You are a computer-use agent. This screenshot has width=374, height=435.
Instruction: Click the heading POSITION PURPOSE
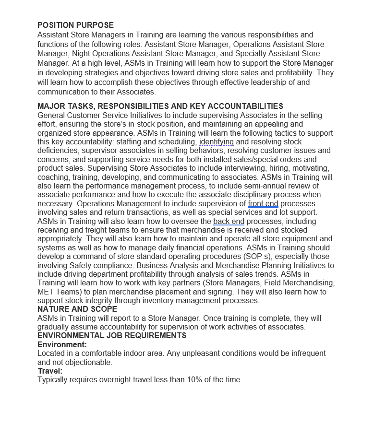coord(75,25)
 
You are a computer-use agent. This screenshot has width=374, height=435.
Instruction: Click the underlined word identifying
coord(217,142)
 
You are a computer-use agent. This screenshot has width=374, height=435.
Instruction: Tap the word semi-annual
coord(251,186)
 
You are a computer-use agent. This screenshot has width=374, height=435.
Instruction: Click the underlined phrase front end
coord(263,204)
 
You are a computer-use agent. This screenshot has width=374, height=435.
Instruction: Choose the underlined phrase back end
coord(229,221)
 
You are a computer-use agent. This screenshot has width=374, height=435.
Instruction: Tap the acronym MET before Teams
coord(46,292)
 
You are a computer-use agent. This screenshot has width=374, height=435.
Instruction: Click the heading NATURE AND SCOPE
coord(77,309)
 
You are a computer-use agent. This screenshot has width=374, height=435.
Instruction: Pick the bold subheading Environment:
coord(62,344)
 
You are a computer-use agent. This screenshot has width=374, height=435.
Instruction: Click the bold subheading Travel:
coord(50,371)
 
